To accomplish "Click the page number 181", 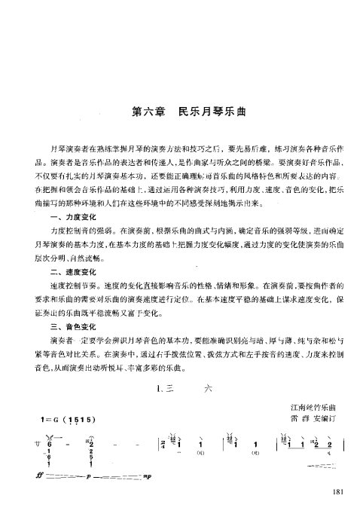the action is click(x=337, y=493).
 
